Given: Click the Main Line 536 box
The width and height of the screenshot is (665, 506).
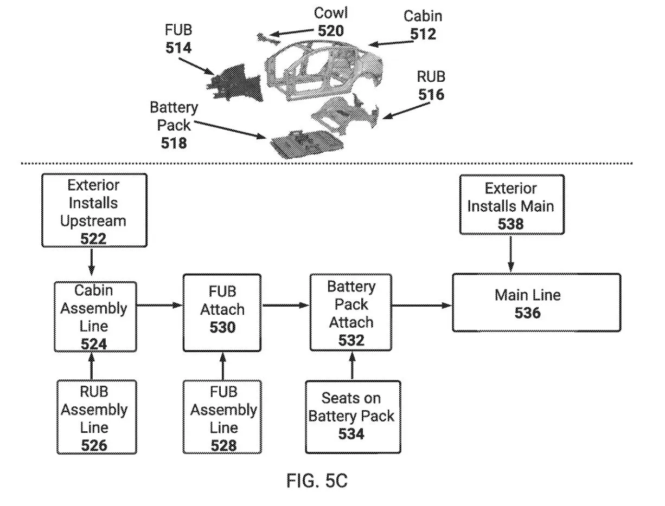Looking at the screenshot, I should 536,302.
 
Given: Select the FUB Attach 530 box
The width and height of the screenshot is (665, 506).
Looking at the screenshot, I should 222,309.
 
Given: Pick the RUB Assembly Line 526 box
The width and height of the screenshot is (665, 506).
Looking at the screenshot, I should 94,417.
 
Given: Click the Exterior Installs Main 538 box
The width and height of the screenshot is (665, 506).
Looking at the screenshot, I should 510,204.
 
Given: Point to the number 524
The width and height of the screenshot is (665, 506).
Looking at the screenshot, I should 94,343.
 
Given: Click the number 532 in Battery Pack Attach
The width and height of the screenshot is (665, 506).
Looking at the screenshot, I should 351,340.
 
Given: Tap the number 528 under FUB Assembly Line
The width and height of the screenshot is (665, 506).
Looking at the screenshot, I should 223,445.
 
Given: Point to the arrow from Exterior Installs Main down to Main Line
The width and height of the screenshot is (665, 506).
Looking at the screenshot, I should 510,254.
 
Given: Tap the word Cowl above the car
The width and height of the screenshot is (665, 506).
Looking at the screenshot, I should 331,13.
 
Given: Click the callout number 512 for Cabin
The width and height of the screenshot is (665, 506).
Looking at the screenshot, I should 423,34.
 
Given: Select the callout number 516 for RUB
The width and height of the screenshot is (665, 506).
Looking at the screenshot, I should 431,94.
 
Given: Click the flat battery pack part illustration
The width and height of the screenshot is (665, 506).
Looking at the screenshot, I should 307,143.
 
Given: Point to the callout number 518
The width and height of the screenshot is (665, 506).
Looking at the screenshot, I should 174,143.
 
